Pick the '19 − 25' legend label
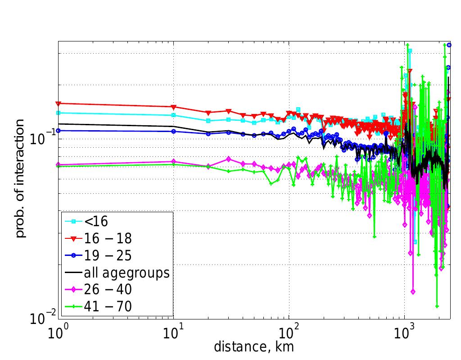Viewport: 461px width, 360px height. (107, 255)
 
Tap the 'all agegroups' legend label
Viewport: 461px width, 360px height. (126, 273)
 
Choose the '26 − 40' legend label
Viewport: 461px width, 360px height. (107, 290)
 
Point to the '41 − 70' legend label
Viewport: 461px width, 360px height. (107, 307)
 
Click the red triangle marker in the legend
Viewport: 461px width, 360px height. (72, 238)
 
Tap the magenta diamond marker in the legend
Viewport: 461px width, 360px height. (72, 290)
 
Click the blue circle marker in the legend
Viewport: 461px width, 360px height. (72, 255)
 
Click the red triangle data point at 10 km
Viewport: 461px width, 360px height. (173, 107)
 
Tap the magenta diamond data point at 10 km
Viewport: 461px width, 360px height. (173, 161)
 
